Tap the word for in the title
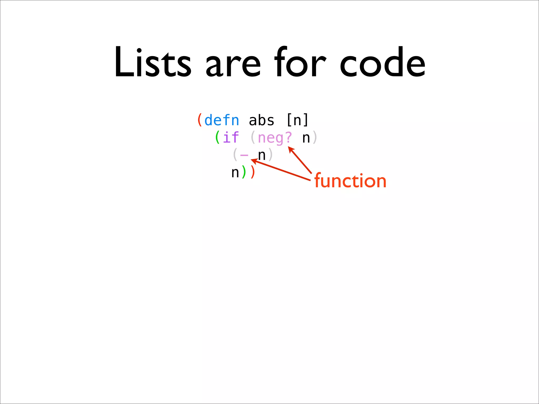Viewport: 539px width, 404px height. coord(300,63)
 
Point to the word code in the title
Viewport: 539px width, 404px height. coord(382,63)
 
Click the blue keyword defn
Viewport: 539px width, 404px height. coord(222,120)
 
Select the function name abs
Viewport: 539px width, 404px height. coord(262,120)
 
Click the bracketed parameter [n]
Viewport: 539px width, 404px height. coord(297,120)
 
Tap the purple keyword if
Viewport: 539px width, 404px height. coord(231,138)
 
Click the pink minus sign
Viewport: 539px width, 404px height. coord(244,155)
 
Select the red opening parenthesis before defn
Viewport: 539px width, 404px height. coord(200,120)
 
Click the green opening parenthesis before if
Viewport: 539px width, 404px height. coord(217,138)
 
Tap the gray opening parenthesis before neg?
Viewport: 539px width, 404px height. coord(253,138)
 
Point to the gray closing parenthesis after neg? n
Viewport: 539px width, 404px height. coord(315,138)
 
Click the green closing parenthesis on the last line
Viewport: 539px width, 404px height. coord(244,172)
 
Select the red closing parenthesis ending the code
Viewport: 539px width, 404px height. coord(253,172)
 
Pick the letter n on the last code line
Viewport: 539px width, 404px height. coord(235,173)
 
